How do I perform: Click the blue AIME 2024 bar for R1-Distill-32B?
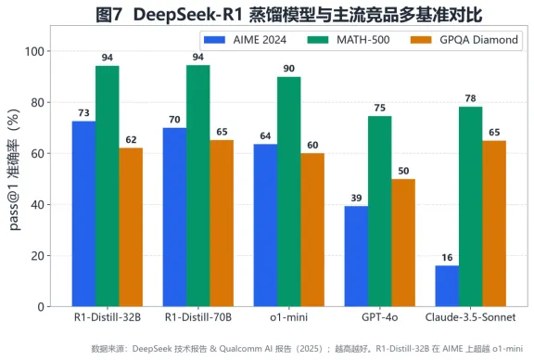(x=83, y=213)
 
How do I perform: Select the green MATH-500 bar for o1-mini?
(x=289, y=191)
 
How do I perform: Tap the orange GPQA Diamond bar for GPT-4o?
(x=403, y=243)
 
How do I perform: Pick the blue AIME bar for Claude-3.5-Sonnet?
(x=447, y=286)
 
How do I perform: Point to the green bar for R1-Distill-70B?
(x=198, y=186)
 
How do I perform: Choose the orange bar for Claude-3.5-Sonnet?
(x=494, y=224)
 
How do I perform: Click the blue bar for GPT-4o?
(x=356, y=256)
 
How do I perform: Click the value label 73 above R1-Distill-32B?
(x=83, y=113)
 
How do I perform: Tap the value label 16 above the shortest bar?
(x=447, y=257)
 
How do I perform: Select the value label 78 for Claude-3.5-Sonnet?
(x=470, y=98)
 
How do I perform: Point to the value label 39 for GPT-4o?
(x=356, y=198)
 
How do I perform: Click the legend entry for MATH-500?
(x=349, y=40)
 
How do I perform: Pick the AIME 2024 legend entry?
(x=245, y=40)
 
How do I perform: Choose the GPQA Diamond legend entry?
(x=464, y=40)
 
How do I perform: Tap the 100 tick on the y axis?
(x=34, y=51)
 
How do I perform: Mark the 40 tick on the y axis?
(x=38, y=205)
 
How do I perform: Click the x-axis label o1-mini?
(x=289, y=317)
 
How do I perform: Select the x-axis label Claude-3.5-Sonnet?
(x=470, y=317)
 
